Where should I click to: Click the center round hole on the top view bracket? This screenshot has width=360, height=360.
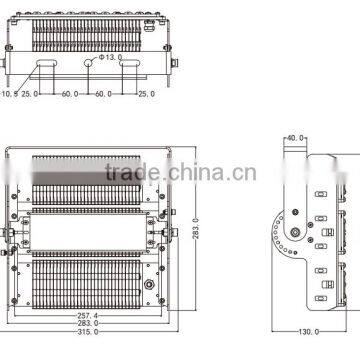(89, 63)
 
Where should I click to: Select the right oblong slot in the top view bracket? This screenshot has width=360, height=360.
(129, 63)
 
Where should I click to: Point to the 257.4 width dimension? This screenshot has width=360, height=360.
(89, 315)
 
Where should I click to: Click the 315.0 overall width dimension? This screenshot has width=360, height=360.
(89, 335)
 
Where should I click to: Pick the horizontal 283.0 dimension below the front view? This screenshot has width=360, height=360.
(89, 325)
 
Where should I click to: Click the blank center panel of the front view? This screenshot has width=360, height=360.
(89, 229)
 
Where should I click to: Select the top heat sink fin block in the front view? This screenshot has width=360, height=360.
(89, 180)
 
